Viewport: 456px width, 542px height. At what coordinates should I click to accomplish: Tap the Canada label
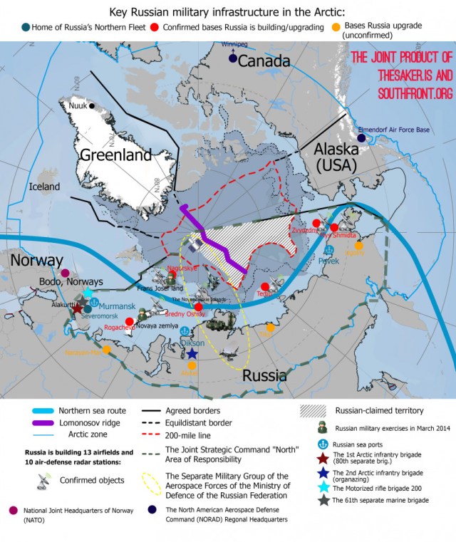[264, 62]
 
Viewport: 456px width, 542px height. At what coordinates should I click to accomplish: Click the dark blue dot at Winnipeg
[233, 59]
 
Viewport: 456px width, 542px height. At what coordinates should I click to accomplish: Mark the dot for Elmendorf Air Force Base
[362, 118]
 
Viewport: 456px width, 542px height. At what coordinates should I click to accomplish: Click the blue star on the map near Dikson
[192, 353]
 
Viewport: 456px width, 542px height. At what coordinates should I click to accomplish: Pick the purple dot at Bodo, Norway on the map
[66, 273]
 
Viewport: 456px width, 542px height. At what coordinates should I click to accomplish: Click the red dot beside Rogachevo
[130, 321]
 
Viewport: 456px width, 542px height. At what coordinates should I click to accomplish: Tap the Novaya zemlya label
[171, 325]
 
